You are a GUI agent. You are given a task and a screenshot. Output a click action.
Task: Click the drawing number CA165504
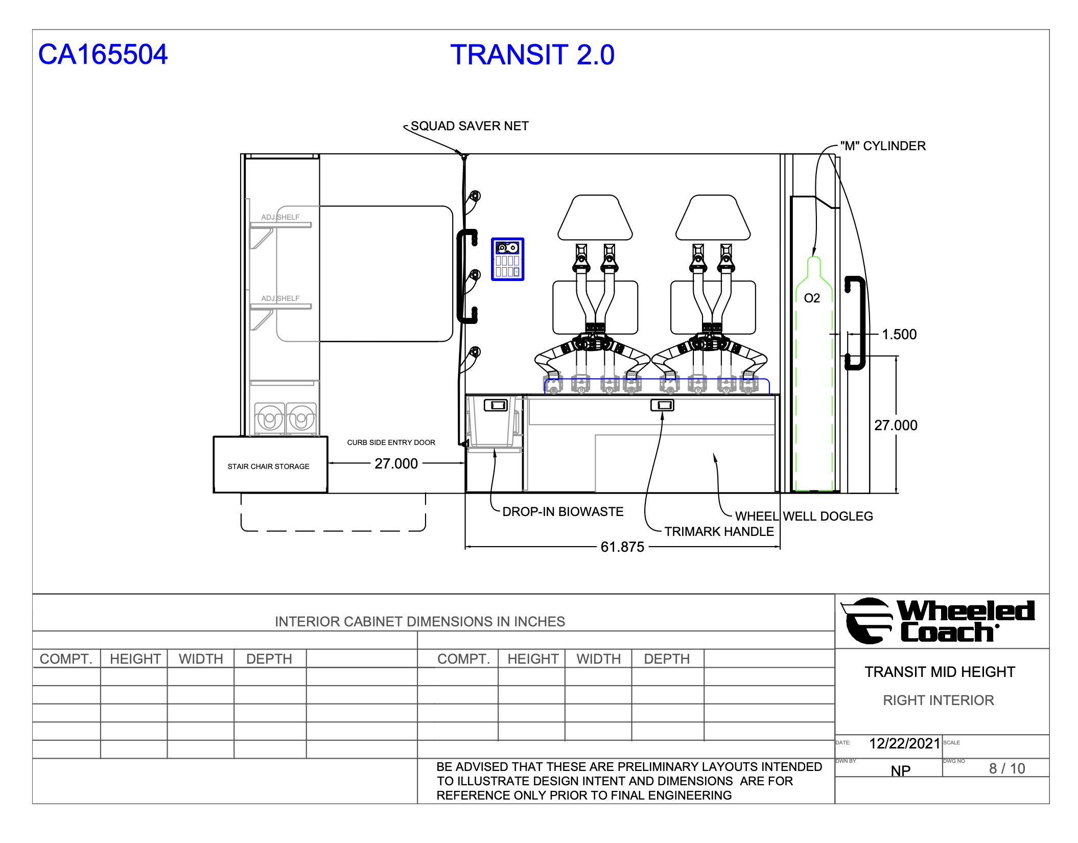[x=103, y=55]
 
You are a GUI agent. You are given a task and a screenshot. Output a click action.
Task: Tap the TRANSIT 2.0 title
[x=532, y=55]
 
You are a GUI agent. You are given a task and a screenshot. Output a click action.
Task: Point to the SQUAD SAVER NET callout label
[x=470, y=126]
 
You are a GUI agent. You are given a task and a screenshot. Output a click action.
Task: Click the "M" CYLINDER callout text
[x=883, y=146]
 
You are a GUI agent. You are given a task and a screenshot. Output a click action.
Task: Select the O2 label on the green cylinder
[x=812, y=298]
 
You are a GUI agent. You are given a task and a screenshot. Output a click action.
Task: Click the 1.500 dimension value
[x=899, y=335]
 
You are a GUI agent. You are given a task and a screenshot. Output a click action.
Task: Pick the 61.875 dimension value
[x=622, y=547]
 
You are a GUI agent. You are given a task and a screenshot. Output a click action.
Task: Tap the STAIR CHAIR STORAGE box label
[x=268, y=466]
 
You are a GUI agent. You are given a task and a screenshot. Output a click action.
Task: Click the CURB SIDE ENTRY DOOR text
[x=391, y=442]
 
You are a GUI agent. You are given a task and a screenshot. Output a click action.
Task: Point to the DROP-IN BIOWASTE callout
[x=563, y=512]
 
